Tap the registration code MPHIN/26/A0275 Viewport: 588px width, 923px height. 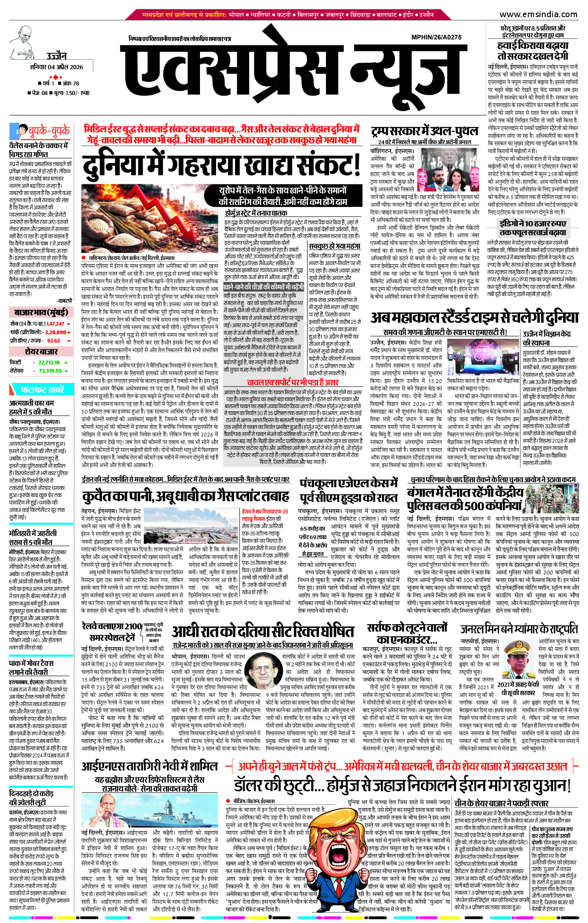tap(436, 37)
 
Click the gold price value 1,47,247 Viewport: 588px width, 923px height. tap(56, 324)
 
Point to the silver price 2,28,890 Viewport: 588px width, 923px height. tap(56, 332)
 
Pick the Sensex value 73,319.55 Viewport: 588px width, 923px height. tap(51, 370)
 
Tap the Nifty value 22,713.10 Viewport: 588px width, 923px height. tap(49, 362)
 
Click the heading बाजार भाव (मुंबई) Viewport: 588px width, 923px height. tap(41, 313)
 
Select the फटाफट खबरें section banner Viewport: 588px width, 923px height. tap(42, 390)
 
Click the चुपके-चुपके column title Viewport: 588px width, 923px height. tap(49, 131)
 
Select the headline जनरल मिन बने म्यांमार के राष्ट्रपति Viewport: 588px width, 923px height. tap(519, 629)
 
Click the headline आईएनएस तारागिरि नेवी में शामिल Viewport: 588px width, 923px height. tap(149, 766)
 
